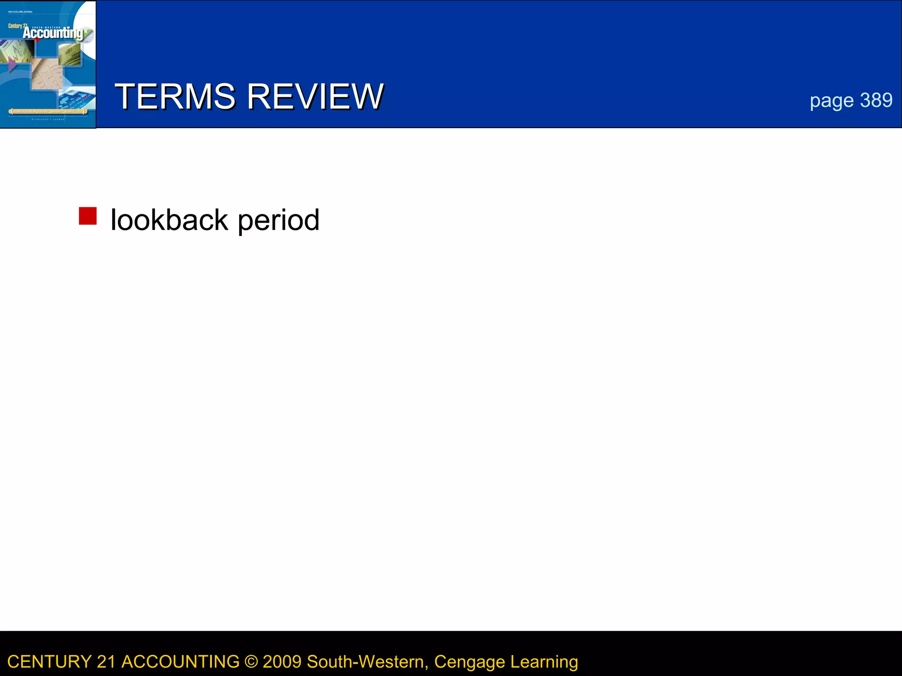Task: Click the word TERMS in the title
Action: [175, 96]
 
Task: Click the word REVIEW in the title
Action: [315, 96]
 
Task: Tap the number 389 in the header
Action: [876, 100]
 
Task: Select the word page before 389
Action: [832, 101]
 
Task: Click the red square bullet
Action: [88, 216]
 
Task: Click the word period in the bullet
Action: [278, 220]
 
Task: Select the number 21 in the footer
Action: [106, 662]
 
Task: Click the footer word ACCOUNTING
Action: [180, 662]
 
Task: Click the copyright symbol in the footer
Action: [251, 662]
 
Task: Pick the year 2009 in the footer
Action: [282, 662]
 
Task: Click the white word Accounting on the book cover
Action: [52, 33]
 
